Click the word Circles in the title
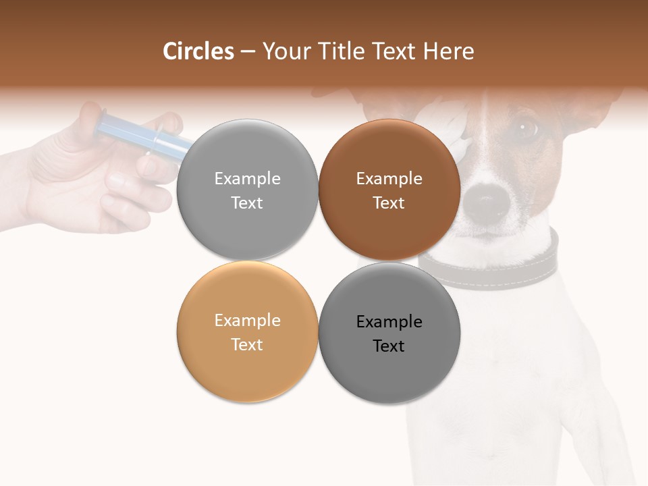198,51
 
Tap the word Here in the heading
449,51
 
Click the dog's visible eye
524,127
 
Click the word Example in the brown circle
389,179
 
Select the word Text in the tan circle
247,345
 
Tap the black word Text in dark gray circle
389,346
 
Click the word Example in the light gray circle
247,179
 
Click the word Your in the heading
283,51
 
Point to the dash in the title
248,52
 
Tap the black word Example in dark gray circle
389,322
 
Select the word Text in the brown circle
389,203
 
